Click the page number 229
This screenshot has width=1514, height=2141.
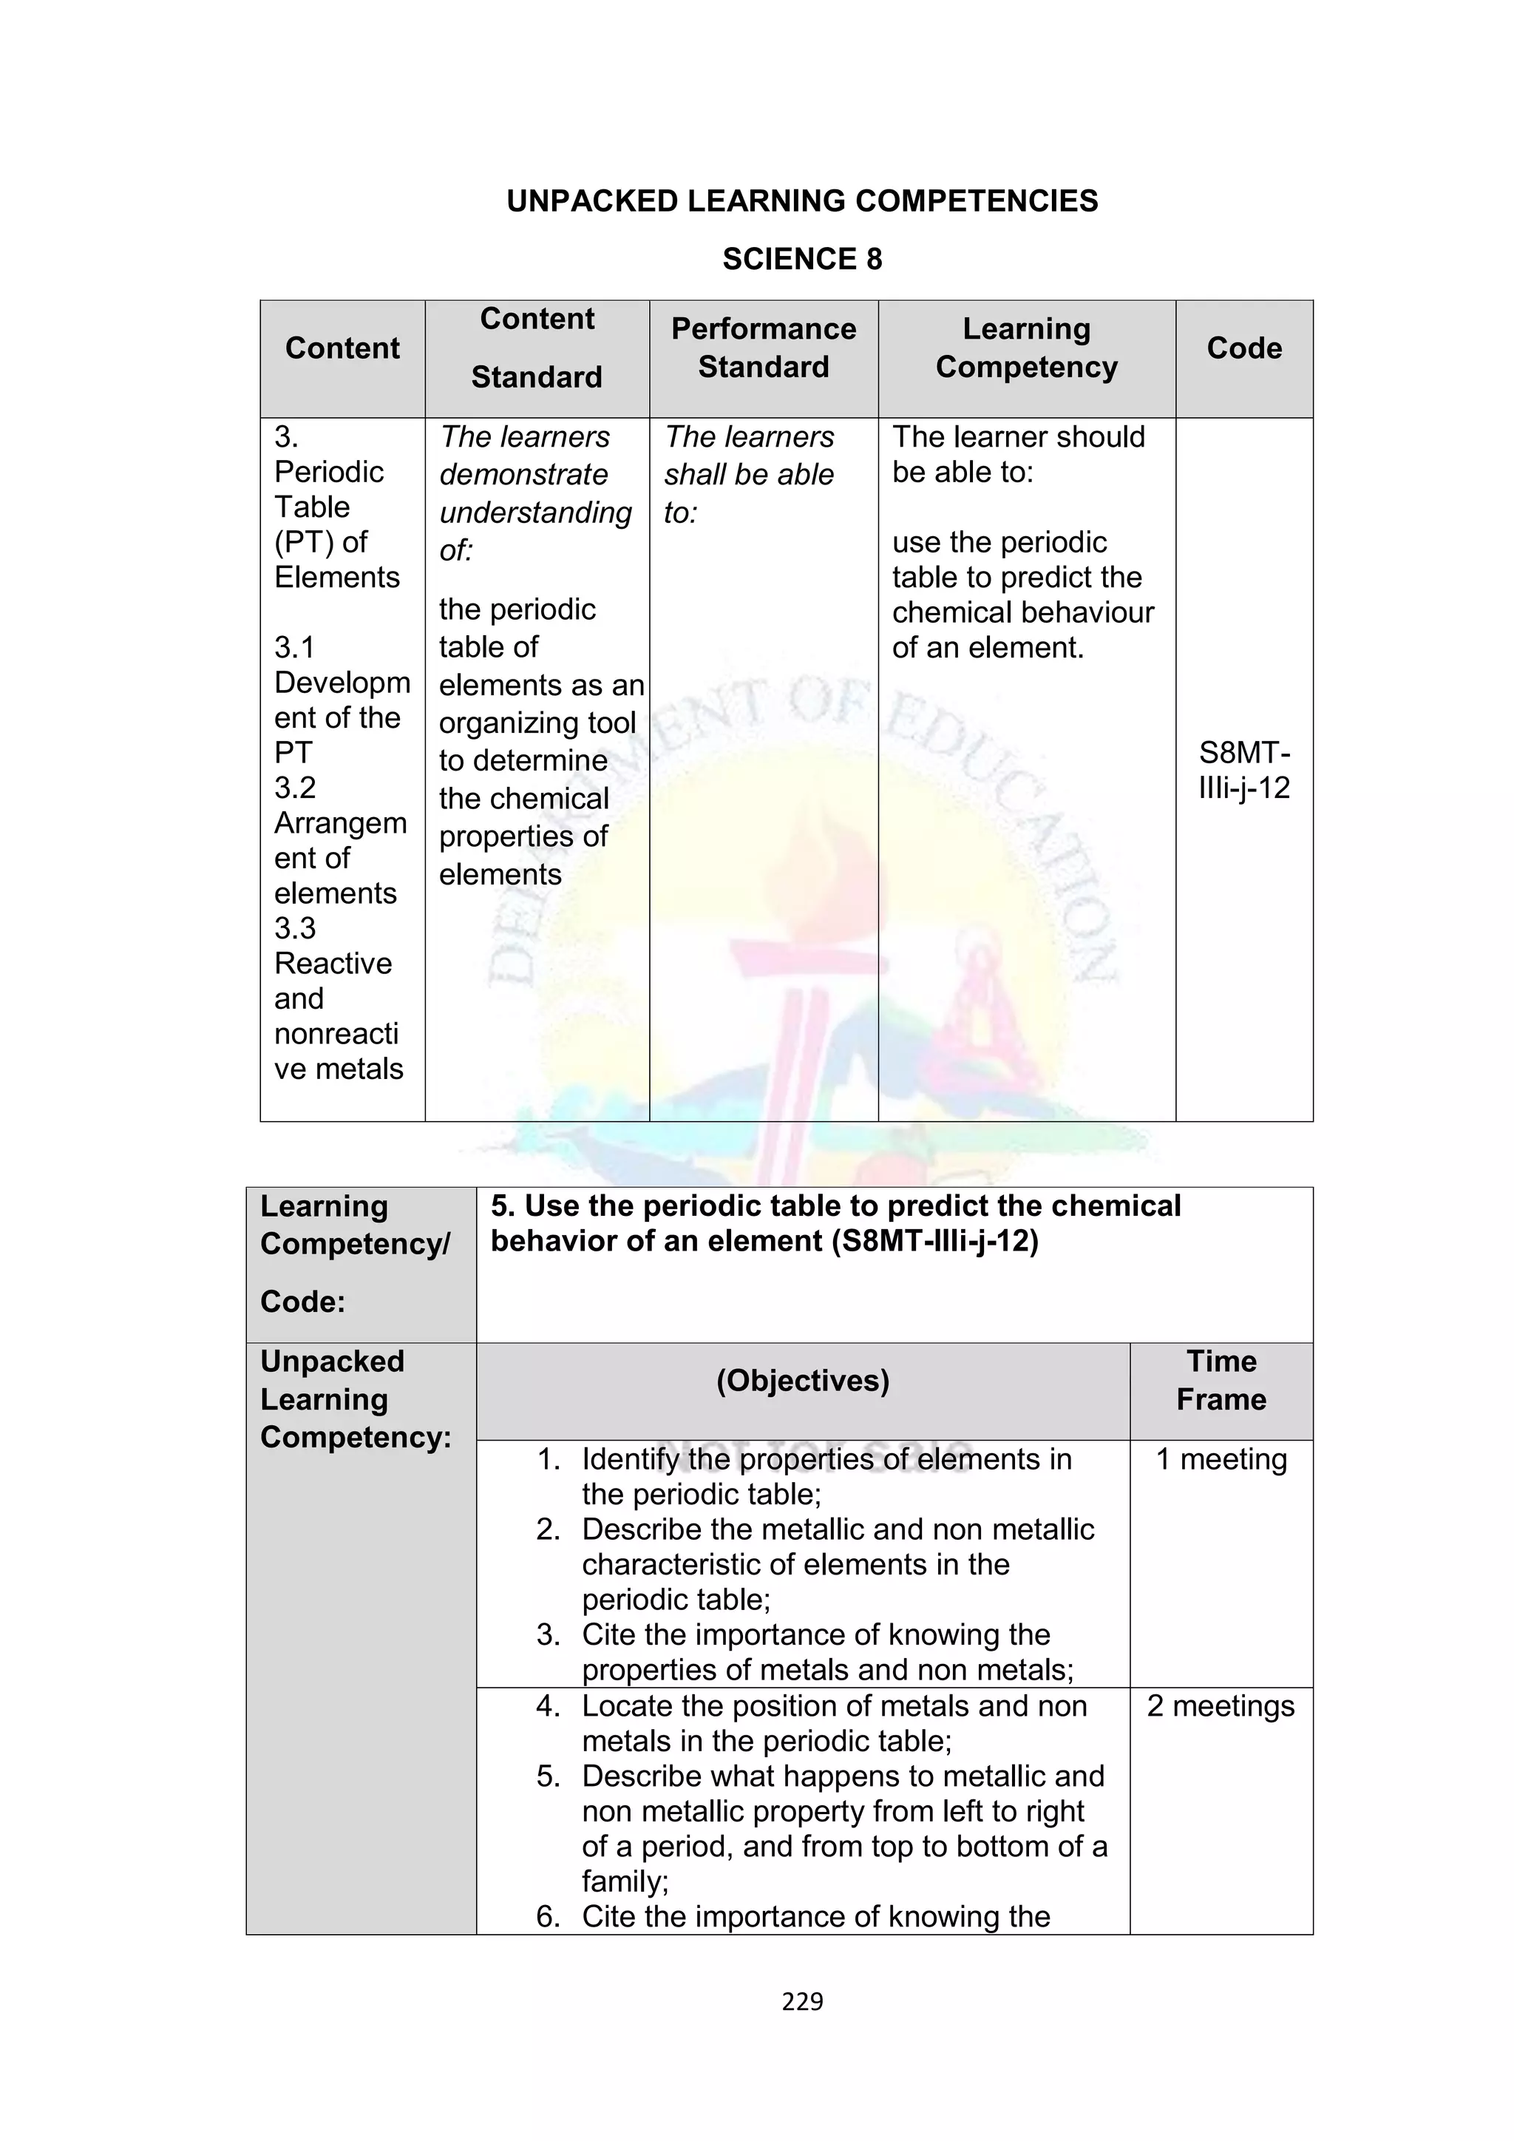802,2001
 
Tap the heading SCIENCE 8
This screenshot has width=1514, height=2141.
802,260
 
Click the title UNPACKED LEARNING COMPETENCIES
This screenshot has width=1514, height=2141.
802,201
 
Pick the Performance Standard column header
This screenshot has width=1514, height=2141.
764,348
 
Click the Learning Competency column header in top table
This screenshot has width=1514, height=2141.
1026,348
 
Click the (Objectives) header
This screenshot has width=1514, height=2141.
803,1381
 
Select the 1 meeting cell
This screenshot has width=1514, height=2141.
1221,1459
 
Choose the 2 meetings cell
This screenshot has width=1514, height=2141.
1221,1705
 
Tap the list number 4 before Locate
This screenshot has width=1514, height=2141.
549,1706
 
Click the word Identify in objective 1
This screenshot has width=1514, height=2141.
630,1459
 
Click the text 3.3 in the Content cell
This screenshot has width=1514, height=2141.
295,929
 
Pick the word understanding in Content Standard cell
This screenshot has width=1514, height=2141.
535,513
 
